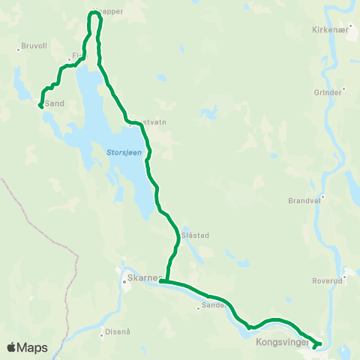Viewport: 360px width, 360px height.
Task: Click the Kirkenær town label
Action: (331, 31)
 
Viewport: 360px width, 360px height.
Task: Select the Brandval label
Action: (304, 201)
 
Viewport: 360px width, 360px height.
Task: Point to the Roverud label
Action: (327, 281)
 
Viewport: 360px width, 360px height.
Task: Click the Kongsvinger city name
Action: (280, 342)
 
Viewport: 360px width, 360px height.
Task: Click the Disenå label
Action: (118, 331)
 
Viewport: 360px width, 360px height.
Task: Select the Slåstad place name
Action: (194, 235)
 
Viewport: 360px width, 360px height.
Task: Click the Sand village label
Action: (55, 103)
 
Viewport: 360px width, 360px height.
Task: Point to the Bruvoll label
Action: (35, 45)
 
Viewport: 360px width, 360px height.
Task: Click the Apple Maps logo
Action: (27, 347)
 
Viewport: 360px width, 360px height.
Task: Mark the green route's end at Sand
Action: (40, 106)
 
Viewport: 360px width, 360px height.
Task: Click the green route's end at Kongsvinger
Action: (314, 347)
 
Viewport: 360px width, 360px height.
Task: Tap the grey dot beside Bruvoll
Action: (18, 50)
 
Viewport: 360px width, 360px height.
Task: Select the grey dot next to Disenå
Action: (102, 335)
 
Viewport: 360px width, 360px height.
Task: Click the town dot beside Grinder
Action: (343, 89)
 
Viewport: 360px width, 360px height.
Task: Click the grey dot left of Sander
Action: (199, 307)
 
